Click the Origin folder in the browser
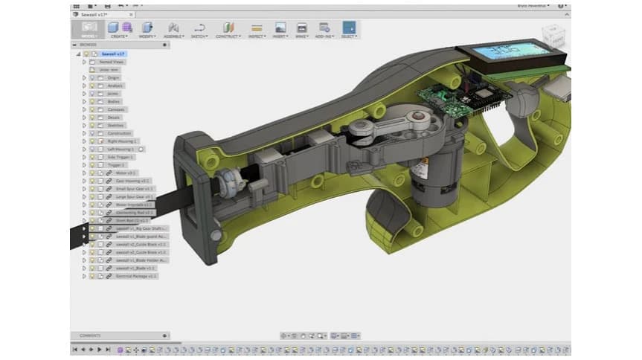(x=113, y=77)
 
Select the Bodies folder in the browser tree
(x=114, y=101)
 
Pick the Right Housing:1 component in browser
(x=123, y=141)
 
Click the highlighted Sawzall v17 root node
(x=114, y=54)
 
